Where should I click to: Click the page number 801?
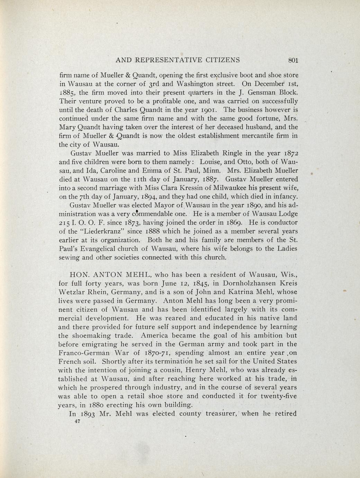293,60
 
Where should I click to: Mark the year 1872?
289,153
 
